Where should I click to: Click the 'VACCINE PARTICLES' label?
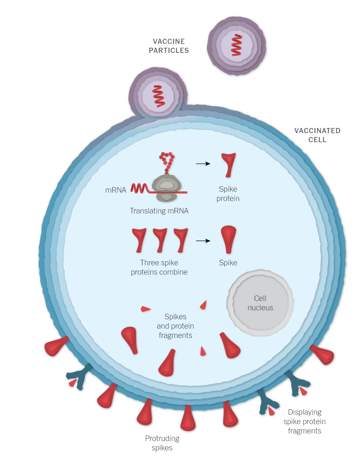click(169, 45)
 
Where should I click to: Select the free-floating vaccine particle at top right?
click(237, 45)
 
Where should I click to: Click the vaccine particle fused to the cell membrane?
click(158, 96)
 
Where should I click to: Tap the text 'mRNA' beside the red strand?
click(116, 189)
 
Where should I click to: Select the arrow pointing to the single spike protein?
click(202, 162)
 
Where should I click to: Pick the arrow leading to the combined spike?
click(202, 241)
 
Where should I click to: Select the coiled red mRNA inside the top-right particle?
click(237, 45)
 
